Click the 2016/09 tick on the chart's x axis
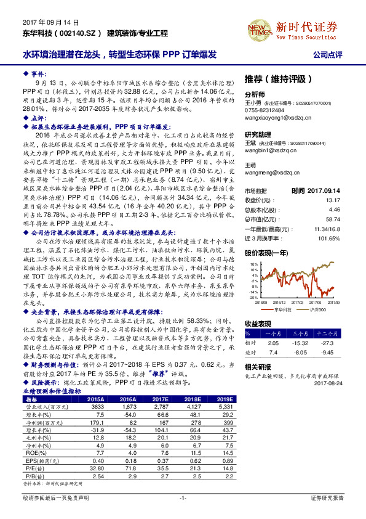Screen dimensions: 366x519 260,302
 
